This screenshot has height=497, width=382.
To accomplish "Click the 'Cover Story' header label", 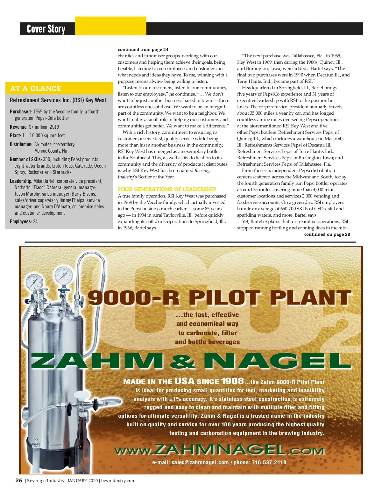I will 46,29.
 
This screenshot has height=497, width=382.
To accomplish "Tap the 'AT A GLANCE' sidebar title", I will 35,89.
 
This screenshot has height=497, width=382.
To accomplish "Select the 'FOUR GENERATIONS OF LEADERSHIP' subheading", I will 167,189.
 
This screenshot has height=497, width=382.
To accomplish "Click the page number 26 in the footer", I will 19,480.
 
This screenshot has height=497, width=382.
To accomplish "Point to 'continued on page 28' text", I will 327,234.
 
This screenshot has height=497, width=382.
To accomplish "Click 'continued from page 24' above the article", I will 143,49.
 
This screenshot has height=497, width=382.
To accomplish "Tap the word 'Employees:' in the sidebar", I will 21,221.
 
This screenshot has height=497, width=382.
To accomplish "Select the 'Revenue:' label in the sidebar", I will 18,127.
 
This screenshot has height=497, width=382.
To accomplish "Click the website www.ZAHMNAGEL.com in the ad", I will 219,450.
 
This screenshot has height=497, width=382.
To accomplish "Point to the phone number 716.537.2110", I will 269,462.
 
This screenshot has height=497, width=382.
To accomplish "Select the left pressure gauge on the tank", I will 35,282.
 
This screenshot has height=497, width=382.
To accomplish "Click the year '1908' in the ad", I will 232,381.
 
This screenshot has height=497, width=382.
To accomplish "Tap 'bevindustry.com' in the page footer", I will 118,481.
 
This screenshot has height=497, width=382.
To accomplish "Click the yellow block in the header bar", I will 110,26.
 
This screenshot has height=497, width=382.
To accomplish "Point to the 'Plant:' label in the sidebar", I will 15,135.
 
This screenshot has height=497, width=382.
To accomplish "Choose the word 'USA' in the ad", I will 184,381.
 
